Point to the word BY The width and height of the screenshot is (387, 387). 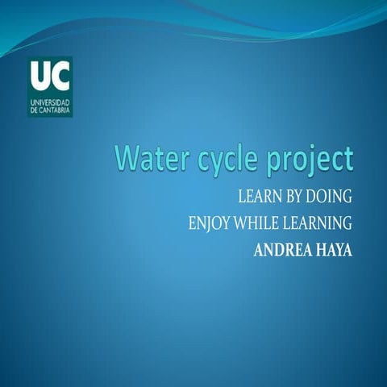coord(293,198)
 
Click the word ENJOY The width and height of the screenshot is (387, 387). coord(208,223)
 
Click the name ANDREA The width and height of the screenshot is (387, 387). coord(282,249)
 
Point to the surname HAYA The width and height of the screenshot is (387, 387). coord(335,249)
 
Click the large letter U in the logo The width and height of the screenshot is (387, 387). coord(40,77)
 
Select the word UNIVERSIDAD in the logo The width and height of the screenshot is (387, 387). coord(50,103)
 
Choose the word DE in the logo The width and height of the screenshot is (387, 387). coord(33,111)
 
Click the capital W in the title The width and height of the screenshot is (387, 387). coord(127,158)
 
